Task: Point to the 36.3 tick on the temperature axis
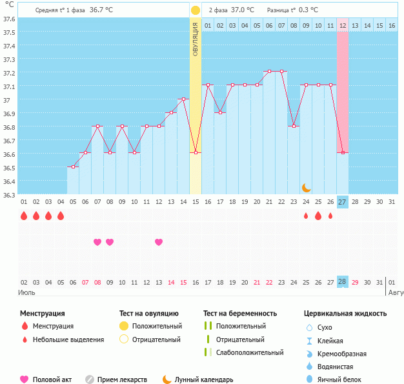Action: pos(9,194)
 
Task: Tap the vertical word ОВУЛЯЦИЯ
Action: pos(195,38)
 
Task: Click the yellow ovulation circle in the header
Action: pos(195,10)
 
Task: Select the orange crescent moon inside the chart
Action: pos(307,187)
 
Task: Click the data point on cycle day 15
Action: pos(196,153)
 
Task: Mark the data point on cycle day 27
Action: pos(343,153)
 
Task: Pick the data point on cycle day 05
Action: pos(73,167)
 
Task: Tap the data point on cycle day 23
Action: pos(294,126)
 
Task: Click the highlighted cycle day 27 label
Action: pos(343,202)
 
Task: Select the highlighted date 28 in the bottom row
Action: pos(343,282)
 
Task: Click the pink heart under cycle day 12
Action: pos(159,242)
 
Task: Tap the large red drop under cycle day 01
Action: pos(24,216)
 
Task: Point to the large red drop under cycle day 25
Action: pos(318,216)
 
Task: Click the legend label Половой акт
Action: pos(52,379)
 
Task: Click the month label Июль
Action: pos(26,292)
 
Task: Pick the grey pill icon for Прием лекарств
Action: pos(90,379)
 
